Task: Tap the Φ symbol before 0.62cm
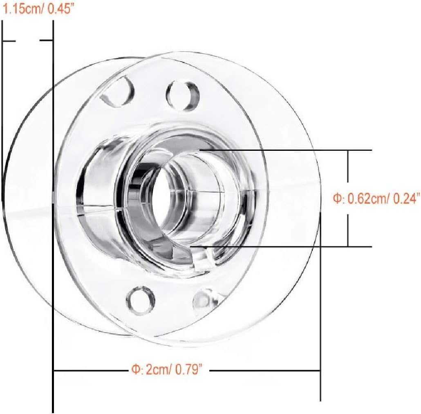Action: click(x=336, y=199)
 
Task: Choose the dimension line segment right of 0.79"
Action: click(x=266, y=371)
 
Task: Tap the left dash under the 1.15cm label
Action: click(x=9, y=41)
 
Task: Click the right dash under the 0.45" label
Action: click(x=47, y=40)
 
